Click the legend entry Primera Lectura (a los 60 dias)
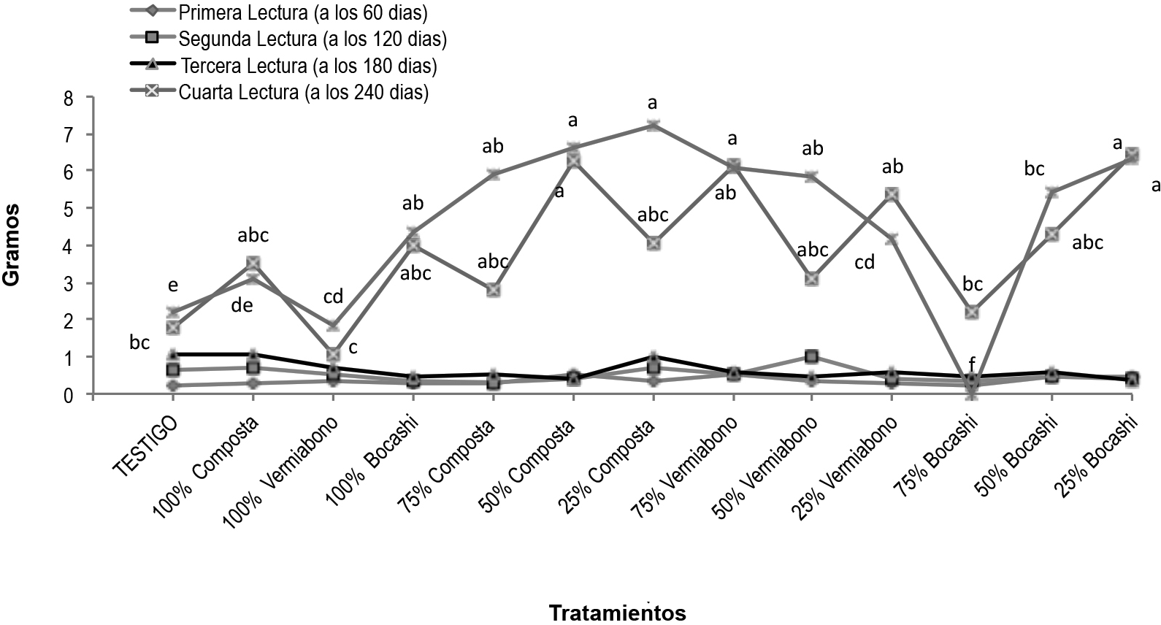coord(303,12)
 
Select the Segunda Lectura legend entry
coord(313,39)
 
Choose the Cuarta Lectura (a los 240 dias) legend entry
coord(304,93)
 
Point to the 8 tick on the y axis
coord(69,97)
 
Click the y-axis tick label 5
coord(69,208)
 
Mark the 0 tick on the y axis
coord(69,395)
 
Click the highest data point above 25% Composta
coord(653,125)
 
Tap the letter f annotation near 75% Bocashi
coord(971,363)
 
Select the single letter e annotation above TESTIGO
coord(173,285)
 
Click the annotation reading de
coord(242,305)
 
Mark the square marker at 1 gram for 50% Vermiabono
coord(811,356)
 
